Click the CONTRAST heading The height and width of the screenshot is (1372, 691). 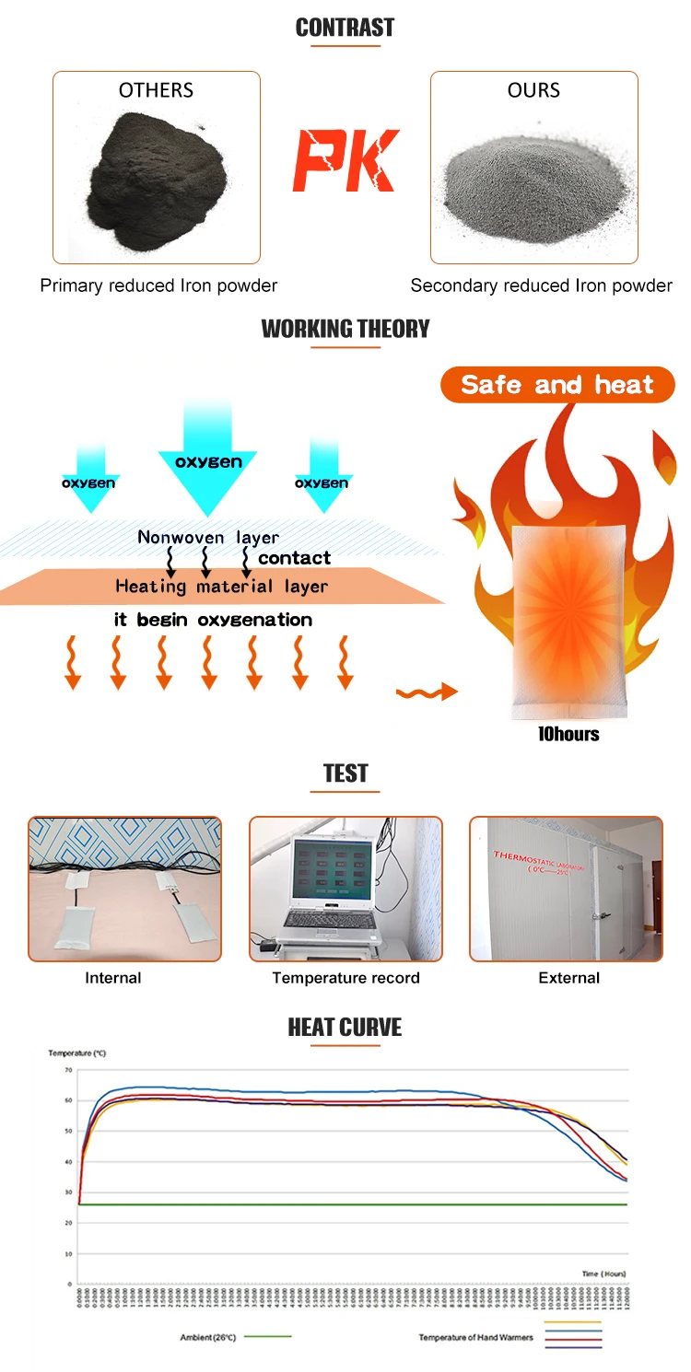tap(345, 28)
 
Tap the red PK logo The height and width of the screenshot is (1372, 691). tap(345, 161)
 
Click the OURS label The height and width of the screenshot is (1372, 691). tap(533, 90)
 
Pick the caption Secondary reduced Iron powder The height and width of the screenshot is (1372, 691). tap(541, 285)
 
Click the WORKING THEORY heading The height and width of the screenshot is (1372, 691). tap(345, 329)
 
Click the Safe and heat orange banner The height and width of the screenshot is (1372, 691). tap(557, 385)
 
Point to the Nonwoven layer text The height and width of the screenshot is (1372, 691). tap(208, 537)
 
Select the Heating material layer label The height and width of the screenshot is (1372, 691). tap(221, 586)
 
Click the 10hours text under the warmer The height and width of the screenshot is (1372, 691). tap(568, 734)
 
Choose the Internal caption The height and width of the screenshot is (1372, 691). tap(113, 978)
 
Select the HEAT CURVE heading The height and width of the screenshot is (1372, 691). tap(345, 1028)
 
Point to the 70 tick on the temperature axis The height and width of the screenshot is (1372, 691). tap(68, 1070)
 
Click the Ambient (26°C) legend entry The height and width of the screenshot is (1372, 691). tap(208, 1337)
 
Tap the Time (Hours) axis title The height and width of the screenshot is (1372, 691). tap(603, 1273)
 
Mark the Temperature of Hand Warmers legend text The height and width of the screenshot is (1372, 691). tap(475, 1337)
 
